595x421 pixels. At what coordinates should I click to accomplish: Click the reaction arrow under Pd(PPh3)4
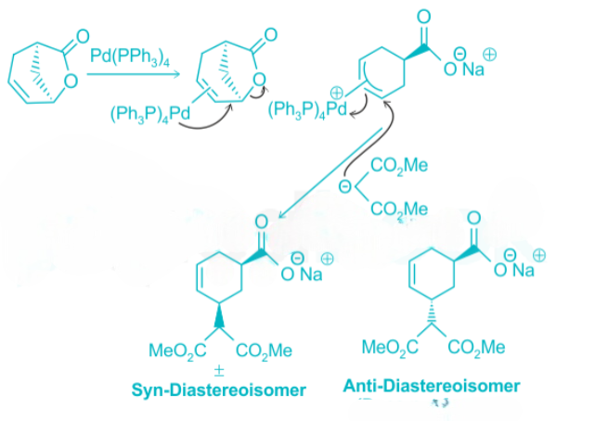[128, 74]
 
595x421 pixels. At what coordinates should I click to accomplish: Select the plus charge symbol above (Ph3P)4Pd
[335, 92]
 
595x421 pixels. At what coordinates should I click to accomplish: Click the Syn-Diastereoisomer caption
[217, 389]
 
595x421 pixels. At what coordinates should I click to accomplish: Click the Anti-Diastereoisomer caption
[432, 386]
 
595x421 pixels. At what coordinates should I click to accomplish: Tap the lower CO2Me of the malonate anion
[398, 210]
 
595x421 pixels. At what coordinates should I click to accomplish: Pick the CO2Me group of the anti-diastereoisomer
[476, 348]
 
